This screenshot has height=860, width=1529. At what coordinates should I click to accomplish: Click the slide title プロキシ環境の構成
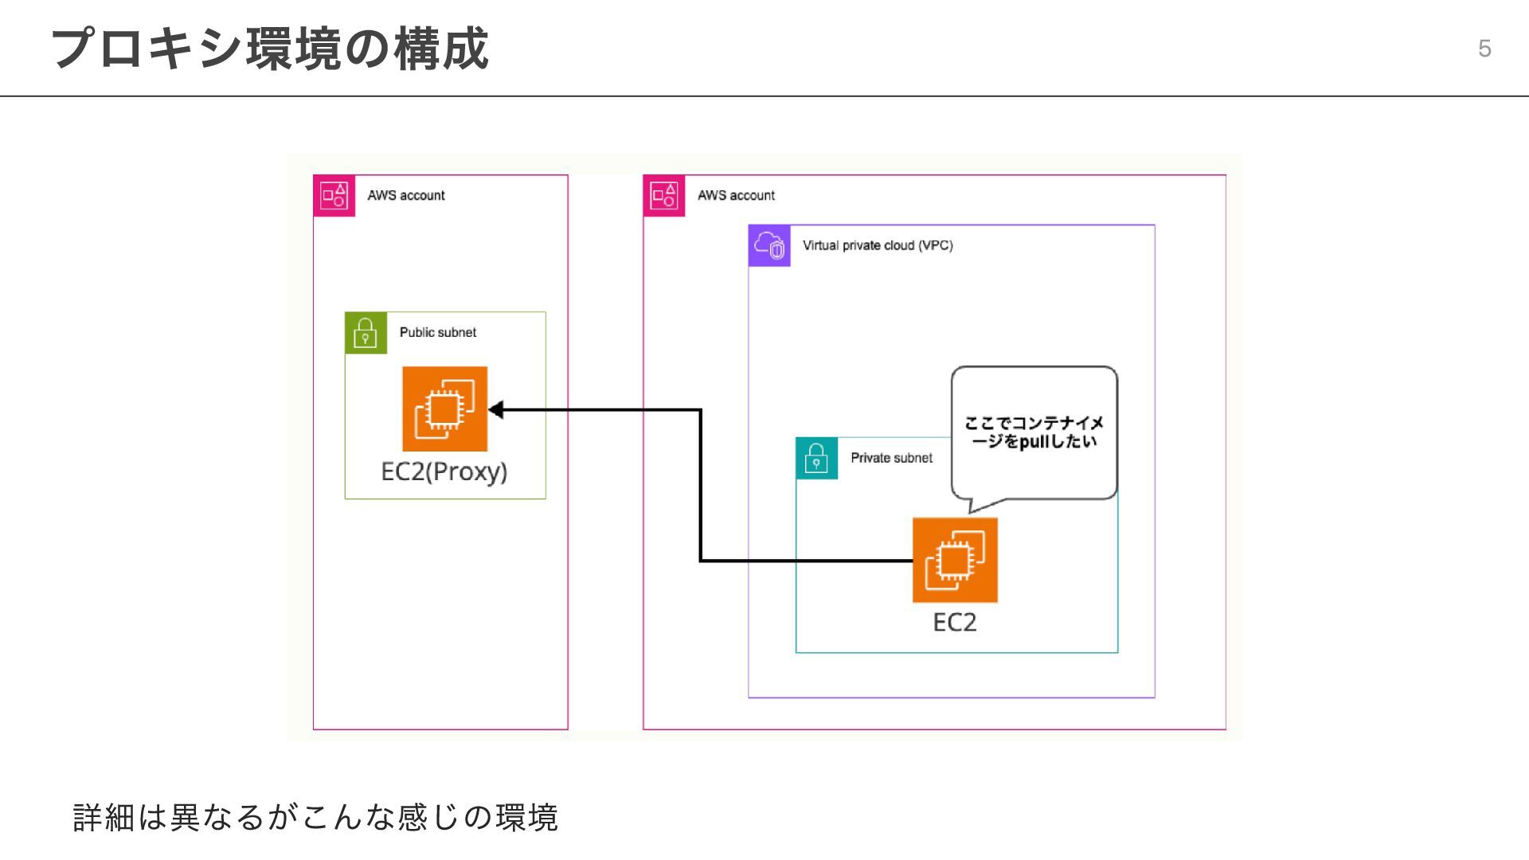(x=269, y=49)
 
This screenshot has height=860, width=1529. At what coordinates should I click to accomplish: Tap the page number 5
(x=1484, y=49)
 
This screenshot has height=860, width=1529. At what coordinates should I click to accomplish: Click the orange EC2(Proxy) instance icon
(x=444, y=408)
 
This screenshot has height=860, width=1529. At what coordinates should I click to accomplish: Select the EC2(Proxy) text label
(x=444, y=471)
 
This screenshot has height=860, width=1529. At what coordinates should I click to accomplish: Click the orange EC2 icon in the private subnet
(x=955, y=560)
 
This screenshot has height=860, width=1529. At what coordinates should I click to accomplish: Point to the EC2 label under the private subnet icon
(x=955, y=622)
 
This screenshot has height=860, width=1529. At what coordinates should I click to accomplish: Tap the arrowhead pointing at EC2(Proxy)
(x=495, y=410)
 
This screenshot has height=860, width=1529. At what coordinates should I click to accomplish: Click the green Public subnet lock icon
(x=366, y=333)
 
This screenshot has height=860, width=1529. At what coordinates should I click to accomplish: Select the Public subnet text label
(x=438, y=332)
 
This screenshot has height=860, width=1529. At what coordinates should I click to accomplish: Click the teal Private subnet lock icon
(x=816, y=458)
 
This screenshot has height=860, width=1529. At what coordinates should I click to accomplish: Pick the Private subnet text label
(x=891, y=458)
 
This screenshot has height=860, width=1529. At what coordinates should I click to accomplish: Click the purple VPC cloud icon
(x=769, y=245)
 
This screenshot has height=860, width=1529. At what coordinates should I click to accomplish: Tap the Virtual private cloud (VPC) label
(x=878, y=245)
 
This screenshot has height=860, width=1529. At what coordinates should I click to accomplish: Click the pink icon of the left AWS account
(x=334, y=195)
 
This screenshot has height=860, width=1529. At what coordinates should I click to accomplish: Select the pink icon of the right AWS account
(x=664, y=195)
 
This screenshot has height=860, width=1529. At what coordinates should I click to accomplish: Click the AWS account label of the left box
(x=406, y=195)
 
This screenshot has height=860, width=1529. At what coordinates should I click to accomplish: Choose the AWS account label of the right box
(x=736, y=195)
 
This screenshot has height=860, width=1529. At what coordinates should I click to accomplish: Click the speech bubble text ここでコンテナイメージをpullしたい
(x=1034, y=432)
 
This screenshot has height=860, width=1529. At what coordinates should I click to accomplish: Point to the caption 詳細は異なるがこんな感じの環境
(x=315, y=818)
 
